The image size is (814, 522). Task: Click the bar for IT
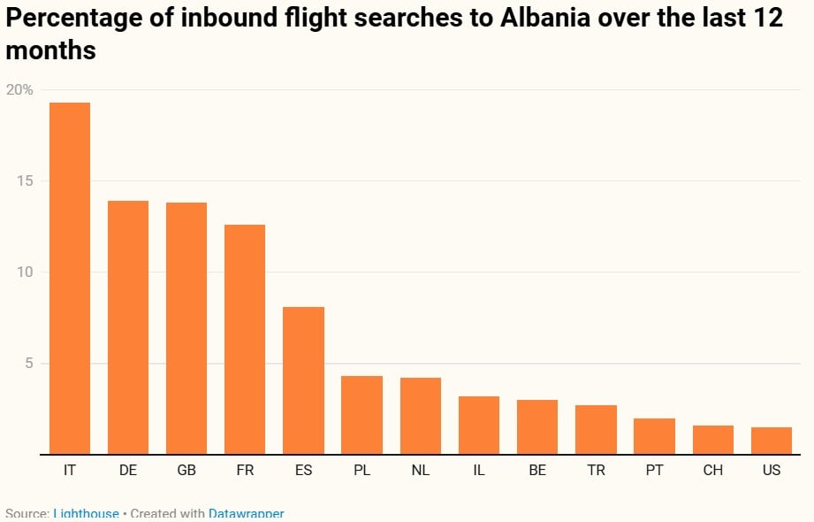[70, 279]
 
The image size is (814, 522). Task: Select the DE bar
[128, 327]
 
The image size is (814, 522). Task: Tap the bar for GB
[186, 328]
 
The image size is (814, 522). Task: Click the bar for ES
[303, 380]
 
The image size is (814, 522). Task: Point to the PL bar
[361, 415]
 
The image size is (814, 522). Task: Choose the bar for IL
[479, 425]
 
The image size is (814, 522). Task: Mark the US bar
[772, 441]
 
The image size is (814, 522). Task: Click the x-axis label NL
[421, 471]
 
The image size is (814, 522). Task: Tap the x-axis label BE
[537, 471]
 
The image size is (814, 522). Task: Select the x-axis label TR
[596, 471]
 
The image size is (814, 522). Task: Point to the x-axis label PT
[654, 471]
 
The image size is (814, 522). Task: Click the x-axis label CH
[713, 471]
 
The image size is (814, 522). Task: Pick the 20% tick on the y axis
[19, 89]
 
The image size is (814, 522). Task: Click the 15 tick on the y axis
[24, 181]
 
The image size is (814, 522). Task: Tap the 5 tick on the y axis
[28, 364]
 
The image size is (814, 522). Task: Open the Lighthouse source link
[86, 514]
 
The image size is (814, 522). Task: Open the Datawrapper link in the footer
[246, 514]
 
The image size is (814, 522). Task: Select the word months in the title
[50, 50]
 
